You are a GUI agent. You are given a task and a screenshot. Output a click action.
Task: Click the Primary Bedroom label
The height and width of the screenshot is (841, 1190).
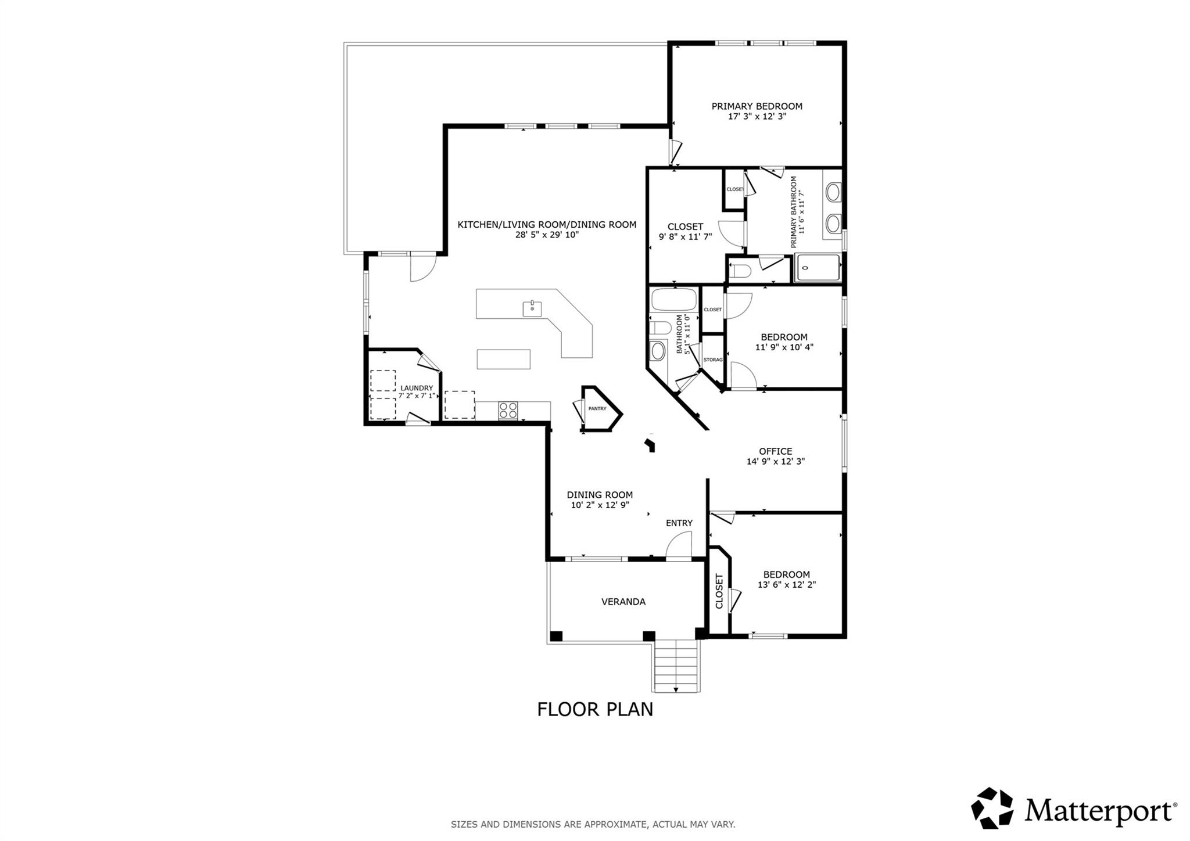tap(757, 106)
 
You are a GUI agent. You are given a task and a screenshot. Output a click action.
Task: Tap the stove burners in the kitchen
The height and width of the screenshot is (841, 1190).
tap(508, 411)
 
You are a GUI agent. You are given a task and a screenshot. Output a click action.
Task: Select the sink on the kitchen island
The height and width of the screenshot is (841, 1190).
tap(532, 308)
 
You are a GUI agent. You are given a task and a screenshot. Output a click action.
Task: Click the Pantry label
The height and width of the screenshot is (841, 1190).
tap(597, 409)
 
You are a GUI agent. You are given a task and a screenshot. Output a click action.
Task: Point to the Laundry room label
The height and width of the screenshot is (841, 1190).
tap(417, 388)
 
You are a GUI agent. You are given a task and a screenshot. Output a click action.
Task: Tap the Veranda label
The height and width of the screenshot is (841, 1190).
tap(623, 602)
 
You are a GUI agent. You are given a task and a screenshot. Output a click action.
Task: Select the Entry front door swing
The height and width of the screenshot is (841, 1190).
tap(678, 547)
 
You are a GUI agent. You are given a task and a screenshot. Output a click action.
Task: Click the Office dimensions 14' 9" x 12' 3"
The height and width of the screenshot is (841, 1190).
tap(775, 462)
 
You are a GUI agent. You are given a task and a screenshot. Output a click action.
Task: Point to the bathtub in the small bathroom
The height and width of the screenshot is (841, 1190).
tap(673, 300)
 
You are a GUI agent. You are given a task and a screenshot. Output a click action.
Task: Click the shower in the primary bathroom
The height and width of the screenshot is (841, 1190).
tap(818, 268)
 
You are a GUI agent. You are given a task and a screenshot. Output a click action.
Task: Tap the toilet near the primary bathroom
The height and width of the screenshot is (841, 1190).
tap(741, 271)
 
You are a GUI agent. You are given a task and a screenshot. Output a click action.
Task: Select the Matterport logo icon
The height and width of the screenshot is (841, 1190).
tap(992, 808)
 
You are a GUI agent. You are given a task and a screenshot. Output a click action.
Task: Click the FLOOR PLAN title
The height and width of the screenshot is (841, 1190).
tap(595, 710)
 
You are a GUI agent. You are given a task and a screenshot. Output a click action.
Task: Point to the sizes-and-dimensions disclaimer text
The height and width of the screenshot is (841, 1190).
tap(593, 824)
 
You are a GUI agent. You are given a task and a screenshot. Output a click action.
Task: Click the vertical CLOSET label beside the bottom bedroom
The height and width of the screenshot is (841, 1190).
tap(719, 591)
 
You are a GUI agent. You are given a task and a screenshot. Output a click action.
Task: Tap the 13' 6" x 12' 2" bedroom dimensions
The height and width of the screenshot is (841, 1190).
tap(787, 585)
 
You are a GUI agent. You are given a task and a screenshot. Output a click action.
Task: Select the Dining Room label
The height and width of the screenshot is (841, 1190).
tap(600, 495)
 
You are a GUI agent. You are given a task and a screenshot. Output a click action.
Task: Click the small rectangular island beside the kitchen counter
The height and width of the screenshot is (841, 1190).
tap(504, 359)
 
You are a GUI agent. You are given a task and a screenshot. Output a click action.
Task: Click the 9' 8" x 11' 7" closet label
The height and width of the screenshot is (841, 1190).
tap(685, 237)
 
